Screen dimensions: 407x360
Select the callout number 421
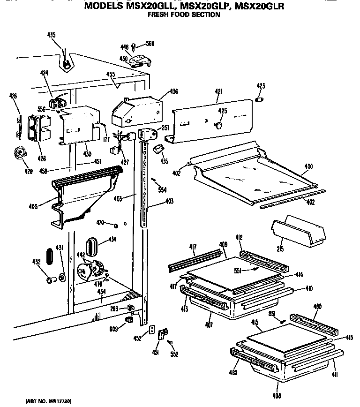pyautogui.click(x=218, y=91)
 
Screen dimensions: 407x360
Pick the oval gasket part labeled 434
pyautogui.click(x=92, y=245)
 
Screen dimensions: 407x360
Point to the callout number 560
pyautogui.click(x=150, y=44)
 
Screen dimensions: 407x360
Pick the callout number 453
pyautogui.click(x=118, y=198)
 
